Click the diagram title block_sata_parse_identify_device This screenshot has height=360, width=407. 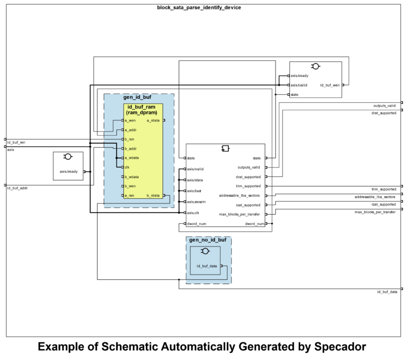(199, 7)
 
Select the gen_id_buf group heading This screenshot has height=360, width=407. (137, 98)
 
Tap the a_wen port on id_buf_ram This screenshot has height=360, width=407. (130, 120)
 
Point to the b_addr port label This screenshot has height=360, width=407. (130, 148)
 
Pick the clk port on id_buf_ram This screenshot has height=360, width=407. (127, 167)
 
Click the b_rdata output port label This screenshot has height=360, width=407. (153, 196)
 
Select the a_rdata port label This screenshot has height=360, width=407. (153, 120)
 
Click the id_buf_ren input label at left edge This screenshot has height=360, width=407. (16, 142)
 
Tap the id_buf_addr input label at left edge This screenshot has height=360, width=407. (16, 188)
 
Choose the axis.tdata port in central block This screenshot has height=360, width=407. (195, 180)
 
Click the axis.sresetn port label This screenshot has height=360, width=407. (197, 201)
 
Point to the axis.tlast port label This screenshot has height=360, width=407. (194, 191)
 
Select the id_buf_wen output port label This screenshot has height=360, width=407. (330, 85)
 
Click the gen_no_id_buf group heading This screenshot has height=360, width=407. (207, 241)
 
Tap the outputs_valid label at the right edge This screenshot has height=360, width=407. (384, 106)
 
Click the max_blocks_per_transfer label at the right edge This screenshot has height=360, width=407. (375, 212)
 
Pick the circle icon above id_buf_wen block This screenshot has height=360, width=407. (316, 66)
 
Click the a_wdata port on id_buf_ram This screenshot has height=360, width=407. (131, 158)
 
